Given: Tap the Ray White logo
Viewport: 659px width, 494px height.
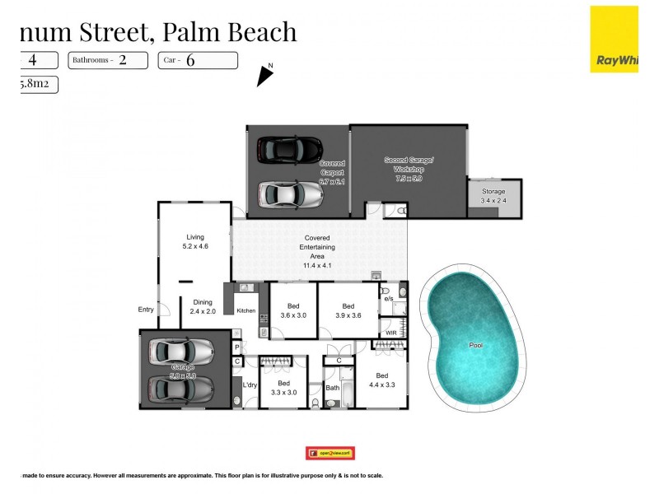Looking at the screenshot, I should pos(614,39).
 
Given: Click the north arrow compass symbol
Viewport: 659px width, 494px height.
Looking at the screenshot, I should pos(264,75).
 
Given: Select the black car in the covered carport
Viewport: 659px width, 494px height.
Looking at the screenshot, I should pos(288,149).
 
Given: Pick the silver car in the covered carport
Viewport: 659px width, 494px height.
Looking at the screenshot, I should pos(290,194).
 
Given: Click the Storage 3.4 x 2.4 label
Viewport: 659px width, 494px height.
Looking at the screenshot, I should pos(493,195).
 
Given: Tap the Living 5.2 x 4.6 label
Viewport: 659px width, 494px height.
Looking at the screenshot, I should pos(194,241).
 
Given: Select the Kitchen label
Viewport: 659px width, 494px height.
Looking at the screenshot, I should pos(246,311).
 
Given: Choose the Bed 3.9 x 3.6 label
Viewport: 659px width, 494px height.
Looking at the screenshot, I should pos(348,310).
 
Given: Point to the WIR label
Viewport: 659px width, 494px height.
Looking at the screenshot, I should pos(391,333).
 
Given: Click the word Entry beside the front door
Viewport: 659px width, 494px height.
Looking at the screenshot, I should pos(146,310).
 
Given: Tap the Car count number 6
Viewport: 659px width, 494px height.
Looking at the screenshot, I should pos(190,60).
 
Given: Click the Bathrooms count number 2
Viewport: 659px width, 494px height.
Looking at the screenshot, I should pos(123,60).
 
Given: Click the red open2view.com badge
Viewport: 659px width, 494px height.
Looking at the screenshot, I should pos(329,453).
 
